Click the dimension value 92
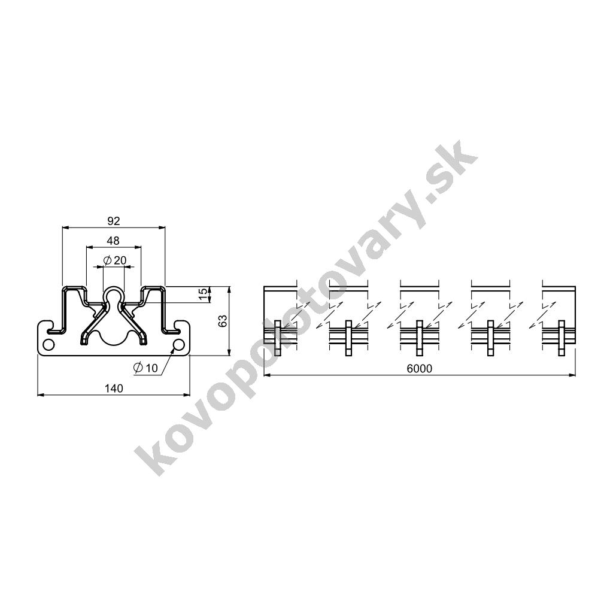coord(113,221)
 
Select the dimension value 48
coord(113,241)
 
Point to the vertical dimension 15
coord(202,294)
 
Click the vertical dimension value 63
coord(222,321)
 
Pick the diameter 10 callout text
coord(145,368)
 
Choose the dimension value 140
coord(114,388)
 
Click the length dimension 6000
coord(420,369)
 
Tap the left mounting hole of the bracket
coord(48,345)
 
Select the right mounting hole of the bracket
coord(178,345)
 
